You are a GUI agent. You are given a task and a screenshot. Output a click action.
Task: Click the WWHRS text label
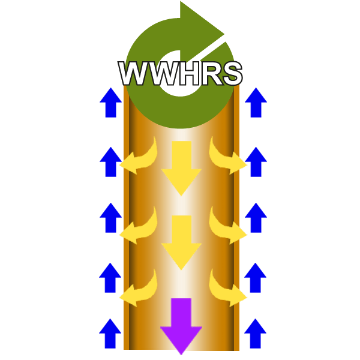[181, 74]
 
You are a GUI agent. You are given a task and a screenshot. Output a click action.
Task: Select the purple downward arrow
[181, 324]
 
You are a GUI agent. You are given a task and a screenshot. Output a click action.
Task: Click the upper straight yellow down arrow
[181, 168]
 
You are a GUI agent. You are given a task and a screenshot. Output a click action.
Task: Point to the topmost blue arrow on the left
[110, 102]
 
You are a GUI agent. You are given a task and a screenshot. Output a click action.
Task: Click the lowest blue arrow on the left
[110, 334]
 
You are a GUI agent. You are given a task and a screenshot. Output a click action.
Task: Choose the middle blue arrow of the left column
[110, 218]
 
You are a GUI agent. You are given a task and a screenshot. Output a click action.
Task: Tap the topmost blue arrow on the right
[256, 102]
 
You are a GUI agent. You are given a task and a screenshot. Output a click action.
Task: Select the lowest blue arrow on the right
[255, 334]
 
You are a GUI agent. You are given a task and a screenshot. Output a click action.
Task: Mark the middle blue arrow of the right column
[256, 218]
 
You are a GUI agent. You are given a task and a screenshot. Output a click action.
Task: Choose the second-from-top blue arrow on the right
[256, 162]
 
